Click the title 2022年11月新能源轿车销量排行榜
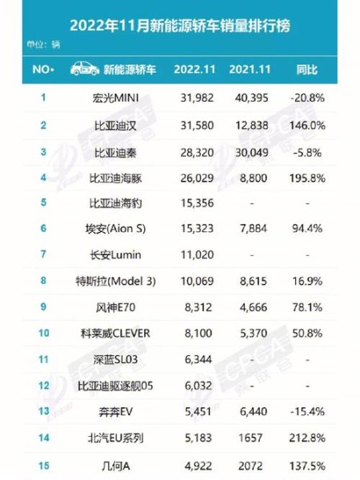(x=180, y=26)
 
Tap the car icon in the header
(x=84, y=69)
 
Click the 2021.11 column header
(x=252, y=70)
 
